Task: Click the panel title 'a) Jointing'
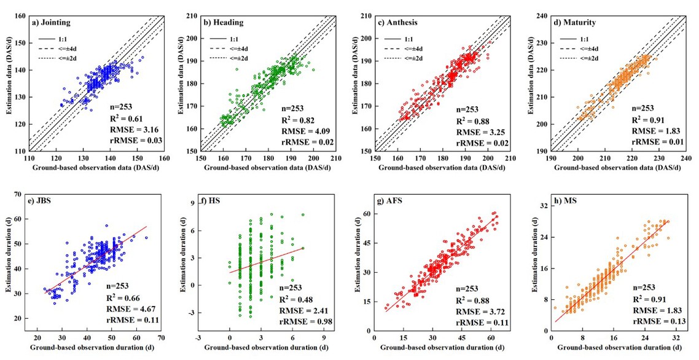(52, 22)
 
